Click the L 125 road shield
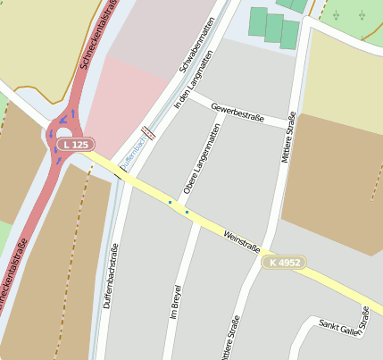76,144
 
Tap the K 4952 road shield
284,262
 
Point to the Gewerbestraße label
238,114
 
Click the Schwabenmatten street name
197,45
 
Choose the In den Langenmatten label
194,80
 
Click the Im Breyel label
176,303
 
